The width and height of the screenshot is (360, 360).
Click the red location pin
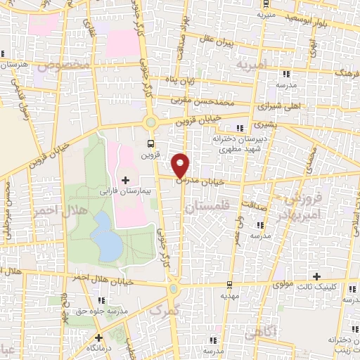tap(181, 165)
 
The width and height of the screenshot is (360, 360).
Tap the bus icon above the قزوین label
tap(149, 143)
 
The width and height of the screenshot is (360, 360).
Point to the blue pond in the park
tap(105, 236)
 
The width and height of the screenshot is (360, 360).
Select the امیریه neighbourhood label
tap(252, 65)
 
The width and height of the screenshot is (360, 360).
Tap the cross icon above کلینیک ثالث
tap(317, 276)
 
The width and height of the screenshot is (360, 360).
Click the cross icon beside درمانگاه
tap(98, 337)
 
